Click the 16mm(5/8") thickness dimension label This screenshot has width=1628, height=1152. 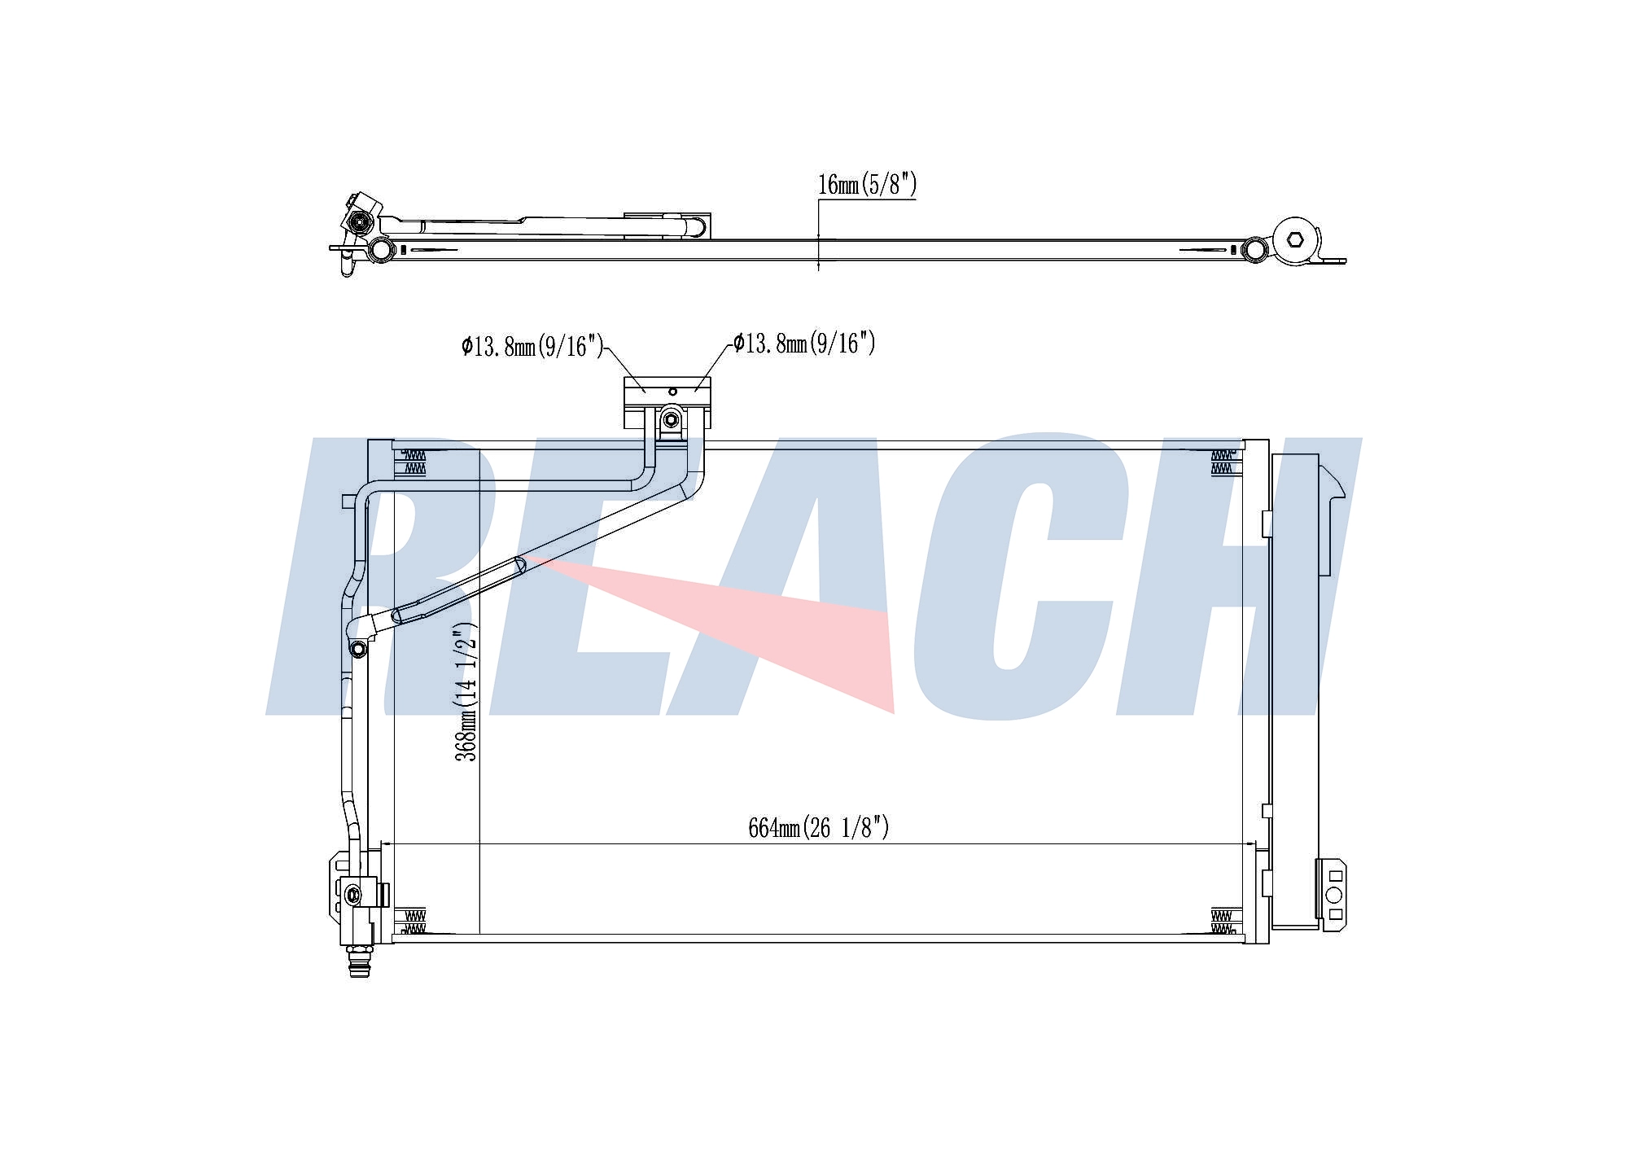[867, 185]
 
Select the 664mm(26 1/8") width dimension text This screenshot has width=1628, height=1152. [819, 828]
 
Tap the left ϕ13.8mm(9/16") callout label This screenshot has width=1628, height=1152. [532, 347]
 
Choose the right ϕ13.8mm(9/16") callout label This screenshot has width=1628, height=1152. [804, 343]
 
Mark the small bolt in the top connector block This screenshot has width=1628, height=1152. [670, 420]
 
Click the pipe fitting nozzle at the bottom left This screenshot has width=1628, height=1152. [359, 961]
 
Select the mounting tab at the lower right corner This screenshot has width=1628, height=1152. [1332, 895]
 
